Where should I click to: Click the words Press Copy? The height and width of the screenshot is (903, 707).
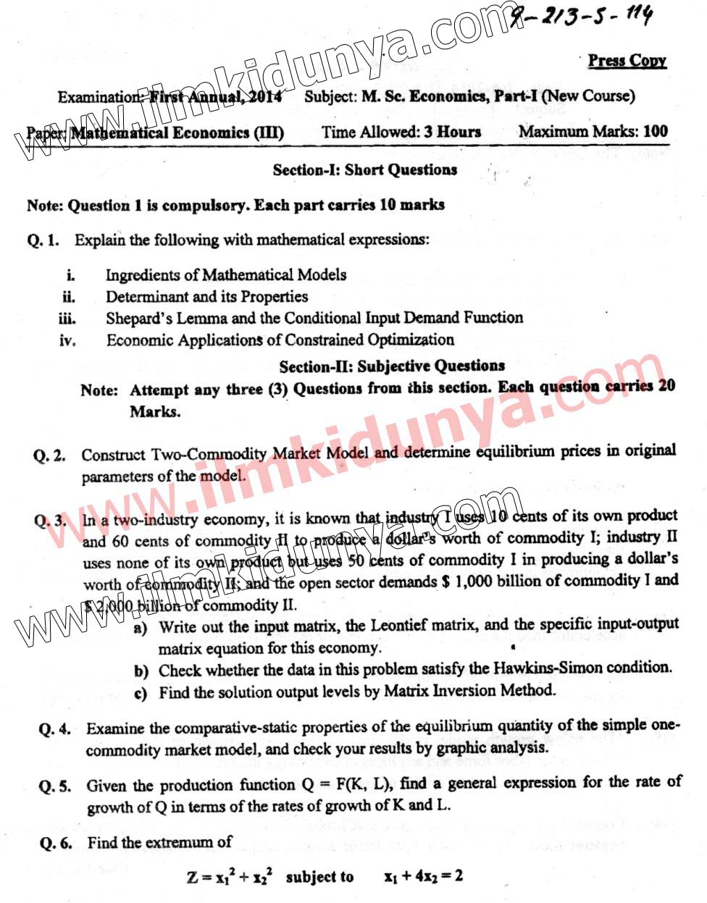point(627,61)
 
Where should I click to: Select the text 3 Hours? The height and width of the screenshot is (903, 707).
point(452,132)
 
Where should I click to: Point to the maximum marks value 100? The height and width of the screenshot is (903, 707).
point(655,131)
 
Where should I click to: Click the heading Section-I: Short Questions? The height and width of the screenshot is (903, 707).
point(364,170)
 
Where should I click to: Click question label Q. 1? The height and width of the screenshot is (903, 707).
point(43,240)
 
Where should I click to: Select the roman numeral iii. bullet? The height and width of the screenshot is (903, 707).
point(67,319)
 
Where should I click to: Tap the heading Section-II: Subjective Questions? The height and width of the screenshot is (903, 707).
point(392,366)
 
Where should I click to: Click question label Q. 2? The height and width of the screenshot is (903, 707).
point(49,456)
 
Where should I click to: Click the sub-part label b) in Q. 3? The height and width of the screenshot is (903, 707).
point(141,671)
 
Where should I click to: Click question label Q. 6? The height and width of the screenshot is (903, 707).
point(57,843)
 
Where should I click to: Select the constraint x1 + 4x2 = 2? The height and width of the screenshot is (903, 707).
point(423,876)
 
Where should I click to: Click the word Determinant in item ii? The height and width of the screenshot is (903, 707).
point(147,297)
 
